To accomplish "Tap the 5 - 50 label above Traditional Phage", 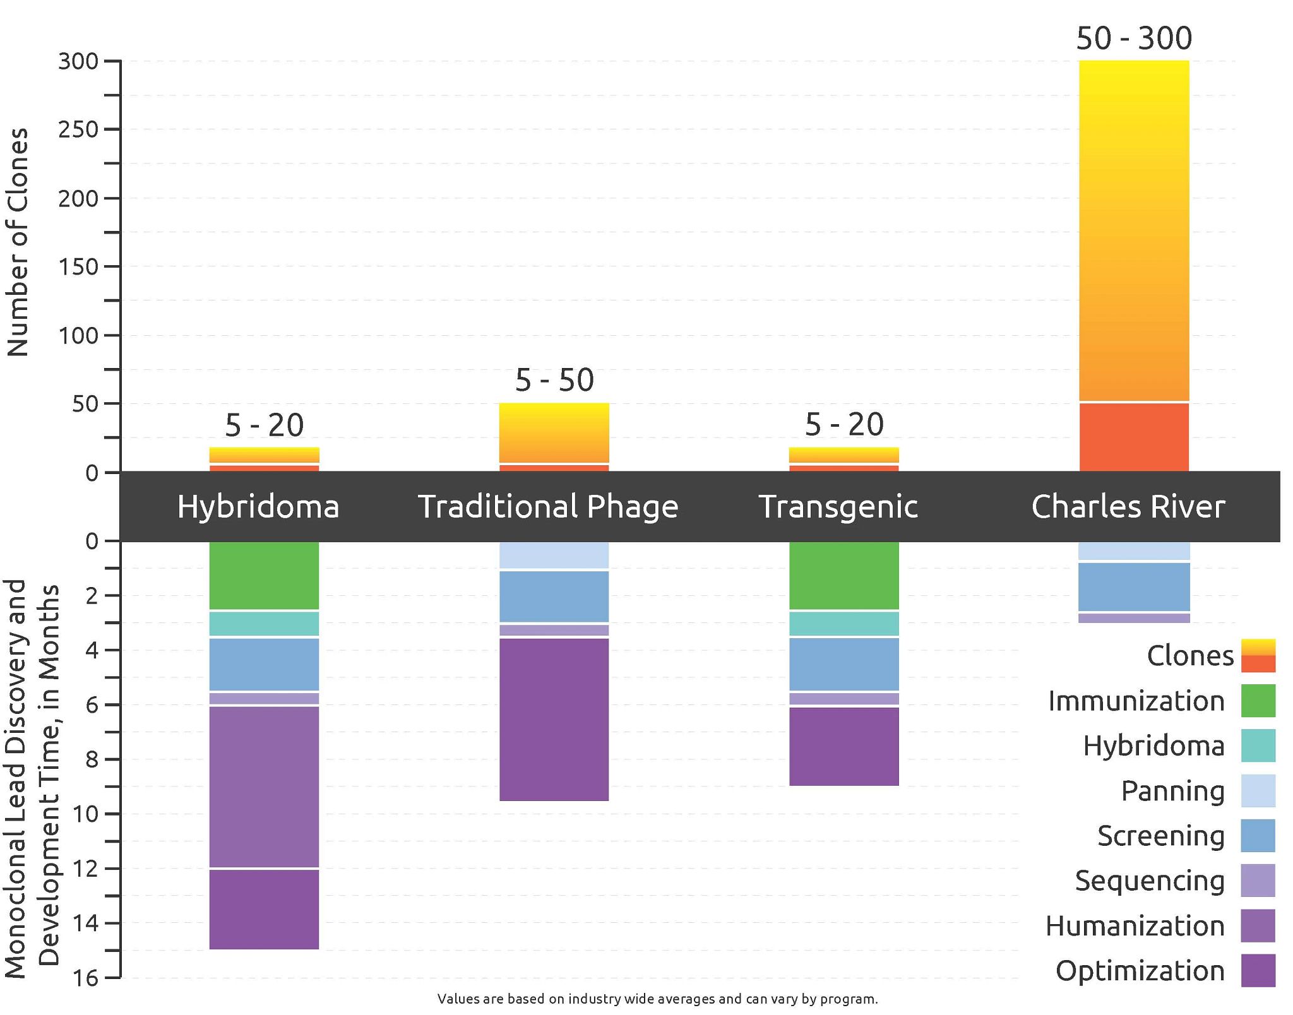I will pos(554,380).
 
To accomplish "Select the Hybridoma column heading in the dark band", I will pos(258,506).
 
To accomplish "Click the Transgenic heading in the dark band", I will pos(838,506).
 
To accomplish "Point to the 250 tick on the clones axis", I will pos(78,129).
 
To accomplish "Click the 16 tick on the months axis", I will pos(85,978).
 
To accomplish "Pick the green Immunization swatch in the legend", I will pos(1258,701).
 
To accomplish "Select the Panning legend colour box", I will pos(1258,791).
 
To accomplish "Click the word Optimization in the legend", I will pos(1140,971).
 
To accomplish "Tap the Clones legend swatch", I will pos(1258,655).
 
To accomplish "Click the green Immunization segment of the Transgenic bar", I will pos(844,575).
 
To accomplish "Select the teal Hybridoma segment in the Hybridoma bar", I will pos(264,624).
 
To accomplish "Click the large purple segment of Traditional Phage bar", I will pos(554,720).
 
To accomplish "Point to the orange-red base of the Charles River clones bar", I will pos(1134,437).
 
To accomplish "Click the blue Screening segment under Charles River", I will pos(1134,586).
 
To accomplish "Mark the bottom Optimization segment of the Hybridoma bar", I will pos(264,909).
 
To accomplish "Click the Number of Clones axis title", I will pos(18,242).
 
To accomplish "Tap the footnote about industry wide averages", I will pos(657,999).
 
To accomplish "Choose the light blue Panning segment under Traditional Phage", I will pos(554,555).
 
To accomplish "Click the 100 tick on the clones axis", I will pos(78,335).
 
